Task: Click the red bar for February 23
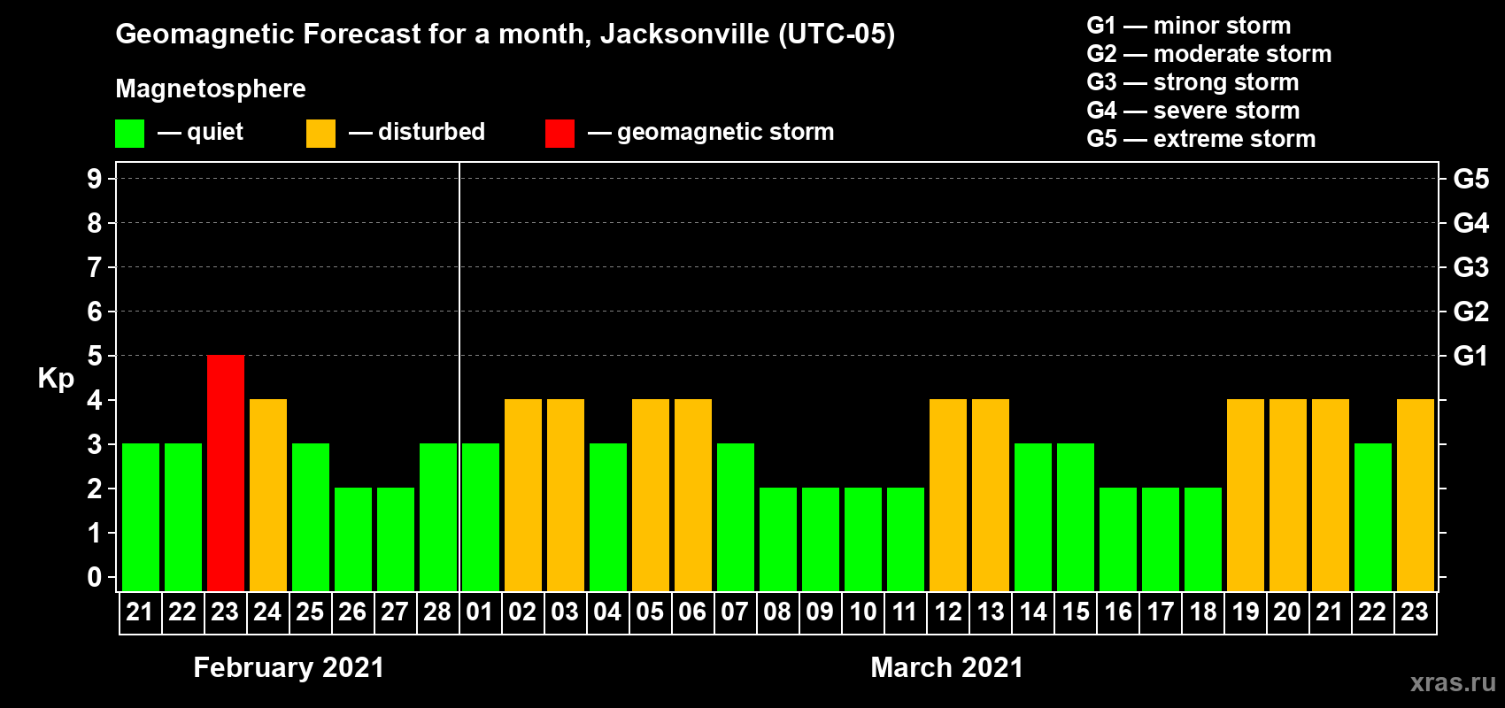point(226,473)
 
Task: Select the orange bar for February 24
point(268,495)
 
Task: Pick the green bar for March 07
point(736,517)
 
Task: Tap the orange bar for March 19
point(1246,495)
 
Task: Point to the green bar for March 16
point(1118,539)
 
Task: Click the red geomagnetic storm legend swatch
point(560,134)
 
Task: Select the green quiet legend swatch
point(130,134)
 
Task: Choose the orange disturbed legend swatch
point(320,134)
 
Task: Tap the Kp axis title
point(56,378)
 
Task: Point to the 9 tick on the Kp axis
point(95,179)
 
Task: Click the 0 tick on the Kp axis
point(95,577)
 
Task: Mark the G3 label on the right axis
point(1470,267)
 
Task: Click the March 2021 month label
point(946,667)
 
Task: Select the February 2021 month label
point(289,667)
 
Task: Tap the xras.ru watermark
point(1453,682)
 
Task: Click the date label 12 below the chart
point(948,612)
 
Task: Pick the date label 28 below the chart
point(437,612)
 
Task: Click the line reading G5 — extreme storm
point(1200,139)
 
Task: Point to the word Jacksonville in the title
point(684,35)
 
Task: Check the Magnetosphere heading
point(211,88)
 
